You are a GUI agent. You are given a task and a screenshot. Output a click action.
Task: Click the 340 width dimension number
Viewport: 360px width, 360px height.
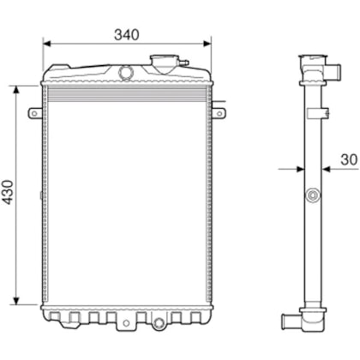127,34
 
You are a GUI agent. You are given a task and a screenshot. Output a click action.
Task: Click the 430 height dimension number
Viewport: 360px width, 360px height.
8,192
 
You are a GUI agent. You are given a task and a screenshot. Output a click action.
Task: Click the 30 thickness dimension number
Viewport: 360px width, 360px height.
349,159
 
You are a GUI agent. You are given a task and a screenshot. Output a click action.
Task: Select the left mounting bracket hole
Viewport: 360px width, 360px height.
34,113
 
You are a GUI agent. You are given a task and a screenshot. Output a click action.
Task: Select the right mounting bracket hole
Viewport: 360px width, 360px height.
219,113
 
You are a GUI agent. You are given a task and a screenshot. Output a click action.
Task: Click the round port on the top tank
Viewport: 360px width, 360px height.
125,72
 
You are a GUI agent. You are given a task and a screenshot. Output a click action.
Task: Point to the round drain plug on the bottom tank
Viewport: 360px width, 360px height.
158,323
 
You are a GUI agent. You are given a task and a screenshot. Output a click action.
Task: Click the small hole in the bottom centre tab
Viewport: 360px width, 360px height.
127,323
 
